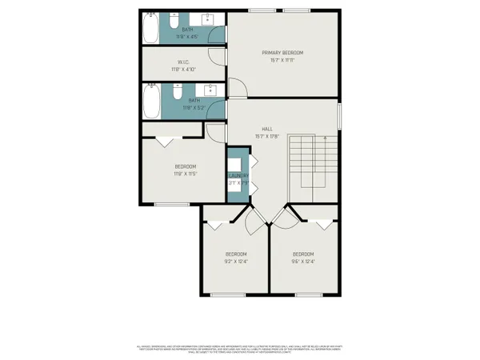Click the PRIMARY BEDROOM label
click(283, 53)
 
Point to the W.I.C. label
click(183, 62)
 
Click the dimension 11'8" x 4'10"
click(183, 70)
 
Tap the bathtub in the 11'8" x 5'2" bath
click(152, 102)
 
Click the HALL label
click(268, 128)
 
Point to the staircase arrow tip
click(326, 138)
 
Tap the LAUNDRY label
click(238, 175)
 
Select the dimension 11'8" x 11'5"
click(185, 174)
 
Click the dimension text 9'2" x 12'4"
click(236, 262)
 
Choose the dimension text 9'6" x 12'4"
click(303, 262)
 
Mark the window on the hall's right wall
click(340, 115)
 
